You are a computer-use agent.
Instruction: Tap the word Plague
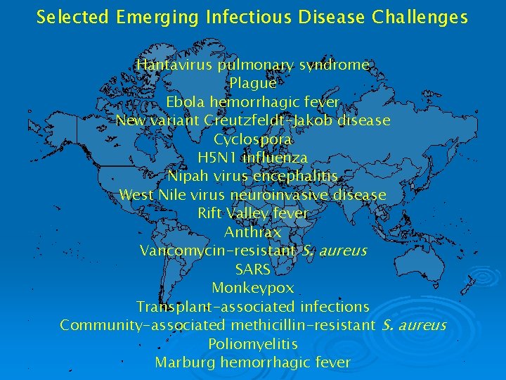point(253,84)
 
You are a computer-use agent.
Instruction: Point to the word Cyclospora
point(253,139)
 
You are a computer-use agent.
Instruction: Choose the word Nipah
point(186,176)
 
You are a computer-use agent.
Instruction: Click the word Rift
point(209,213)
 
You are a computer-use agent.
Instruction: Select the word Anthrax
point(253,232)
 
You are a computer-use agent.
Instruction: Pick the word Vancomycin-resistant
point(218,251)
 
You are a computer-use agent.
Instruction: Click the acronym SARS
point(253,269)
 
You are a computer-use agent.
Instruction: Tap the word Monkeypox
point(253,288)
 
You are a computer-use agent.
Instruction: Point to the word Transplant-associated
point(216,307)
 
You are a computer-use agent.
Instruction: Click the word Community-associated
point(143,325)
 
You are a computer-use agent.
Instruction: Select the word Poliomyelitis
point(253,344)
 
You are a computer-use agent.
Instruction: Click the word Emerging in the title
point(147,17)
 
